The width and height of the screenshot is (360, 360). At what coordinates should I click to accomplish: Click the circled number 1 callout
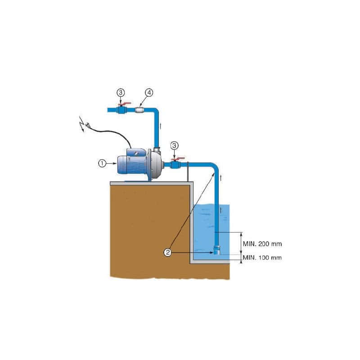[102, 164]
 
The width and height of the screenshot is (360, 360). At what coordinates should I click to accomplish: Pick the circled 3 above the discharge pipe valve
[121, 92]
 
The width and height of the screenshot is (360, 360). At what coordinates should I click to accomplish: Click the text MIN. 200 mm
[263, 244]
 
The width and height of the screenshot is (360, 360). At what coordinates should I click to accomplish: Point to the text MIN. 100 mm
[263, 258]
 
